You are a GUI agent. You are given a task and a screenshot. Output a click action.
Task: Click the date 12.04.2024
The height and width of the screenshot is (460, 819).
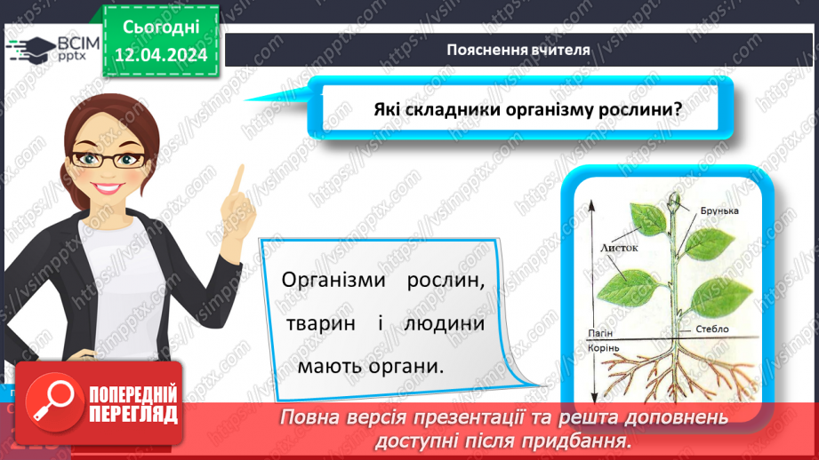tap(160, 56)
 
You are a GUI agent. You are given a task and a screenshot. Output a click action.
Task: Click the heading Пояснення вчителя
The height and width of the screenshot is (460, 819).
tap(518, 49)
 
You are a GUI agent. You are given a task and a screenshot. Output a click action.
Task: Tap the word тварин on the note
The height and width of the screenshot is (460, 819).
tap(320, 322)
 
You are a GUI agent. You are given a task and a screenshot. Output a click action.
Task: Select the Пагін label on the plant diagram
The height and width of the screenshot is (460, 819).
tap(601, 329)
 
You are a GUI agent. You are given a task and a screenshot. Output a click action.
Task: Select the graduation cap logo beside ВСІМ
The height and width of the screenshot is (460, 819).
tap(33, 49)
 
